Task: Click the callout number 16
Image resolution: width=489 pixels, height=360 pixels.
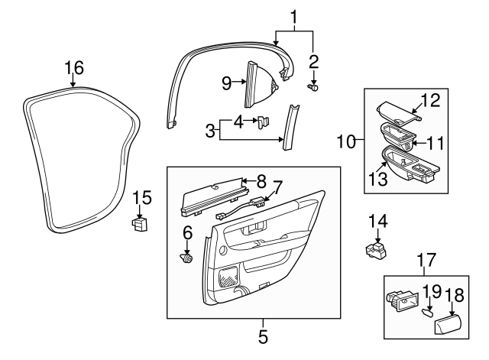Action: (x=73, y=70)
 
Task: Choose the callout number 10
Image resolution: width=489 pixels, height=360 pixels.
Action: (x=345, y=142)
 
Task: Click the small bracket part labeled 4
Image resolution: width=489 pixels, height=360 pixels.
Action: (x=263, y=121)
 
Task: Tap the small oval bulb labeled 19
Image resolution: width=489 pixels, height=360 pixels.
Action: (x=427, y=312)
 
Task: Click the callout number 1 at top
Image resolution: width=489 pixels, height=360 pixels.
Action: (x=293, y=15)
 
